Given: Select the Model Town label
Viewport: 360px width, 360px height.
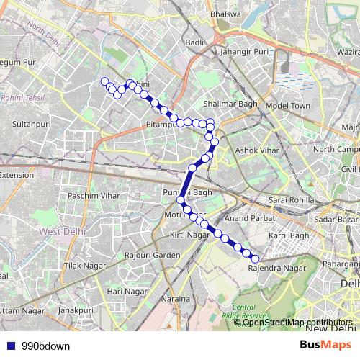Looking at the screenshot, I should pyautogui.click(x=287, y=105).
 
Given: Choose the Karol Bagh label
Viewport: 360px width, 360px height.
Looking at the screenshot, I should pyautogui.click(x=288, y=236).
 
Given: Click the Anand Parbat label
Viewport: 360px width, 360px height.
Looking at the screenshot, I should pyautogui.click(x=246, y=217).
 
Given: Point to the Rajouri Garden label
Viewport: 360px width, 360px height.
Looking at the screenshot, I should pyautogui.click(x=151, y=255).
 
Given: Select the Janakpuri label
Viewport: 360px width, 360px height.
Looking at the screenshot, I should pyautogui.click(x=76, y=310).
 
